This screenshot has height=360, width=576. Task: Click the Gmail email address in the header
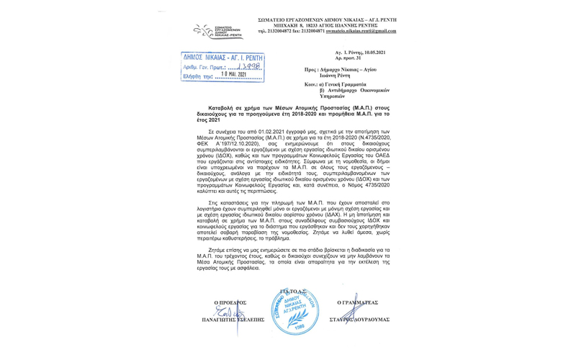pyautogui.click(x=361, y=32)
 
